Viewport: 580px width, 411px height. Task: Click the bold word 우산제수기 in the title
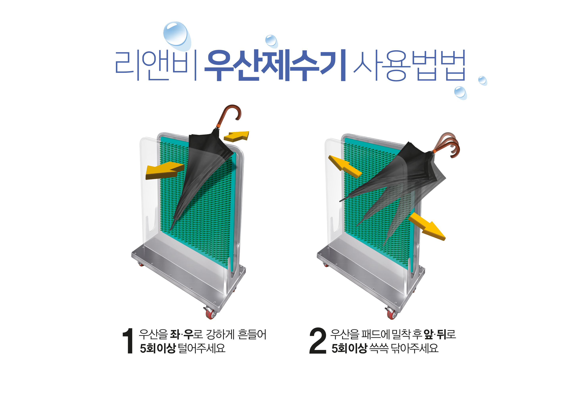tap(275, 65)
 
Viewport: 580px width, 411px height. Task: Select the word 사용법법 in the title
tap(409, 65)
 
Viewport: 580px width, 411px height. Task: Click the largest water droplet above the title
tap(177, 35)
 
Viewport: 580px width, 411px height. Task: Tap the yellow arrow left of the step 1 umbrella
tap(165, 171)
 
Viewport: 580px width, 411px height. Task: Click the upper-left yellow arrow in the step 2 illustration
tap(345, 166)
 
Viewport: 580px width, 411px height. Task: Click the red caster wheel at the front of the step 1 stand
tap(210, 313)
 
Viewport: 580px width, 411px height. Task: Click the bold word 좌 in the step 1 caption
tap(175, 334)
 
